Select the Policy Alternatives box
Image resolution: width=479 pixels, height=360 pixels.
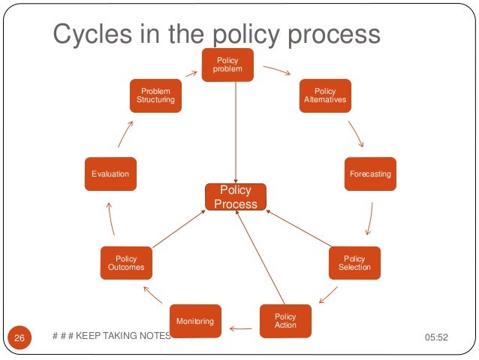point(325,95)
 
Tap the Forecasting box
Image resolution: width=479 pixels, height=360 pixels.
point(370,174)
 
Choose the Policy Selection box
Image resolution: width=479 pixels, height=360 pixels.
point(354,263)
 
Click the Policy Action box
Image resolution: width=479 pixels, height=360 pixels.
point(285,321)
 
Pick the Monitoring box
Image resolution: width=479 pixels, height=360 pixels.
point(195,322)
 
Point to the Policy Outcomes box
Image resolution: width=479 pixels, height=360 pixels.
point(125,263)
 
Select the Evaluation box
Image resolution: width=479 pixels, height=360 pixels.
point(110,174)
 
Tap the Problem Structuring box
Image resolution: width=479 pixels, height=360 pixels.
point(155,95)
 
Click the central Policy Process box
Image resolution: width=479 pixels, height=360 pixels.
point(236,197)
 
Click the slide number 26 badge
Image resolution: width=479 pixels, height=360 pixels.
point(20,338)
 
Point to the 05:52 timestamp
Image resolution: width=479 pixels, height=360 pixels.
point(436,337)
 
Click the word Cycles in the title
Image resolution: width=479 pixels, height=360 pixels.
point(89,35)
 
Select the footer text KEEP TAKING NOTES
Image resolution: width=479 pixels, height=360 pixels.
point(123,336)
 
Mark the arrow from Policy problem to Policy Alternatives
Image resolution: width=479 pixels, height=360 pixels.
point(276,72)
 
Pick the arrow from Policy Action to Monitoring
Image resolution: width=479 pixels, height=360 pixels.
point(241,328)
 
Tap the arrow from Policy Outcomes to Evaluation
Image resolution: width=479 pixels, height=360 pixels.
point(110,219)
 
